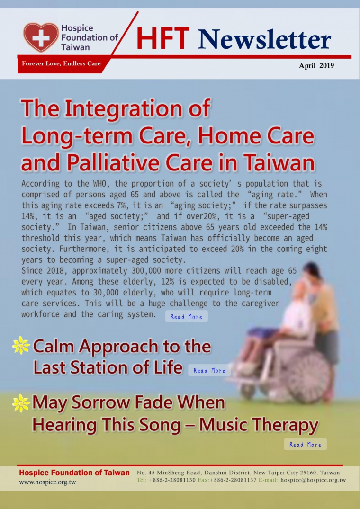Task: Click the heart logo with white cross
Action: click(41, 37)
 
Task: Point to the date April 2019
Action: click(316, 65)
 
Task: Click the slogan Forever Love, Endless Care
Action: click(62, 63)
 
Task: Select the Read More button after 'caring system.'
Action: click(186, 316)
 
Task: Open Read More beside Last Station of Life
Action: click(209, 370)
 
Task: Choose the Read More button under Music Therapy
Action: click(305, 445)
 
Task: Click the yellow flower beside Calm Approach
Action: click(20, 345)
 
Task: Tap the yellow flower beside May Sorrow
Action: click(20, 403)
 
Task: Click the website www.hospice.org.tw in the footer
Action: click(47, 482)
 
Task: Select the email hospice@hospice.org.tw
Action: click(313, 480)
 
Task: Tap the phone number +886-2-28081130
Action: click(172, 480)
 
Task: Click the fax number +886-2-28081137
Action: click(234, 480)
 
